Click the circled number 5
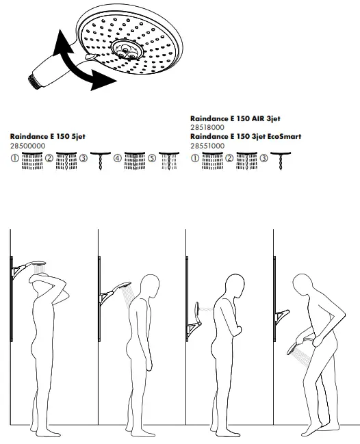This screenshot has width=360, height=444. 151,158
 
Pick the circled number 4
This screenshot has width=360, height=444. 118,158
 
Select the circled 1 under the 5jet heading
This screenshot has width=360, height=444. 15,158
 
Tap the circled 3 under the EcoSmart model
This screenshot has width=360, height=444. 264,158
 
